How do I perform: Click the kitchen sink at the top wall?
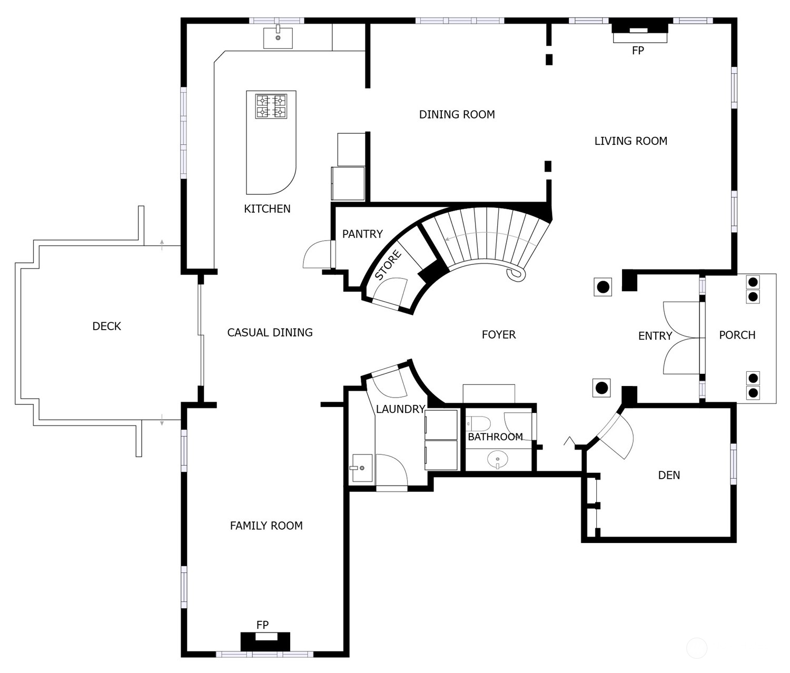[278, 37]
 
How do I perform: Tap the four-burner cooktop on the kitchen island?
[271, 106]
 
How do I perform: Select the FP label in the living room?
[638, 51]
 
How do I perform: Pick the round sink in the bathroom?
[498, 460]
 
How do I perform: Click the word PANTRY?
[362, 234]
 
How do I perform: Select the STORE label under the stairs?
[388, 265]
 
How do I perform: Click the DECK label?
[106, 326]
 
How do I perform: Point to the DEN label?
[669, 476]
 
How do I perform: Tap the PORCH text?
[737, 335]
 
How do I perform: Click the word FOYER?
[499, 335]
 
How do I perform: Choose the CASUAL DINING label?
[270, 333]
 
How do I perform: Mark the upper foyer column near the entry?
[603, 287]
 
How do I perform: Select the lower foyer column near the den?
[602, 388]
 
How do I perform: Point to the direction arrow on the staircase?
[474, 234]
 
